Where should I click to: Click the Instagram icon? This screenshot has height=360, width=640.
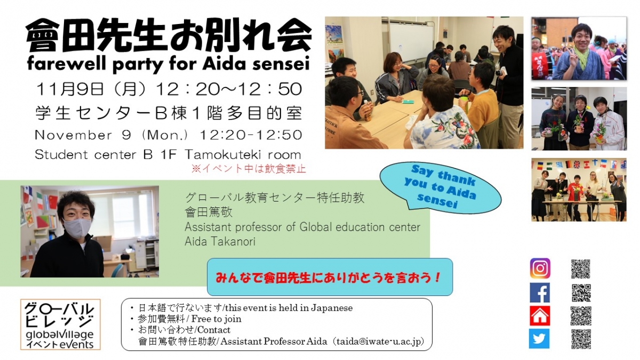(x=540, y=268)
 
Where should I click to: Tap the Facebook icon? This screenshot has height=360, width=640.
(x=540, y=292)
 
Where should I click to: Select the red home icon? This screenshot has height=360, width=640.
(x=540, y=315)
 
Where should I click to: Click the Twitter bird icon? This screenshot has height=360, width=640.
(x=539, y=339)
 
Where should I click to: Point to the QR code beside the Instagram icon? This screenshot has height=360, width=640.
(x=581, y=268)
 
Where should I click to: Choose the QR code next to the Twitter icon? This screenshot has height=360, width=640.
(x=581, y=339)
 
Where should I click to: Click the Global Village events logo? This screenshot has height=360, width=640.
(x=60, y=324)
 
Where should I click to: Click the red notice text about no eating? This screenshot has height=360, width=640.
(x=250, y=169)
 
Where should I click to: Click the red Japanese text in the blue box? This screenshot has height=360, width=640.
(x=329, y=277)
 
